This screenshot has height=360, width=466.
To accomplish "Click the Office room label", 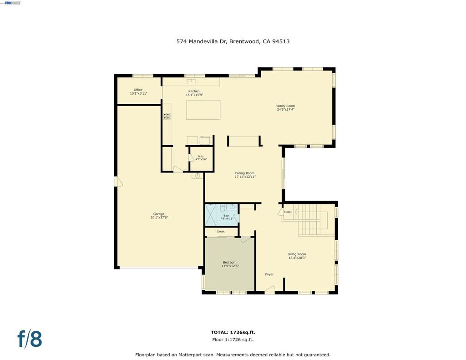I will click(138, 90).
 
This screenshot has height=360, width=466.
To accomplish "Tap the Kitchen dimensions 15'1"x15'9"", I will click(194, 95).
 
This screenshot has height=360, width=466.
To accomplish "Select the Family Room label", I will click(285, 106).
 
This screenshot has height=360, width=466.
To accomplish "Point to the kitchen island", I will click(203, 110).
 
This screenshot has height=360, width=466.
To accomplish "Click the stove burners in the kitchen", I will click(167, 116).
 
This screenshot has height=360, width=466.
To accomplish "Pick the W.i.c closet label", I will click(201, 156).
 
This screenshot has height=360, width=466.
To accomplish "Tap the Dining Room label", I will click(245, 173).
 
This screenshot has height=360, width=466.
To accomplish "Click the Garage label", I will click(158, 214).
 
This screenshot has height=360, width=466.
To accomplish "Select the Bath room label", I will click(226, 215).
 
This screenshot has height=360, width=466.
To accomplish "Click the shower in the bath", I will click(212, 215).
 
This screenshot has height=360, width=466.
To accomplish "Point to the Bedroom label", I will click(229, 262).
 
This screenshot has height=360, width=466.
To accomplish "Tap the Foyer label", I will click(269, 274).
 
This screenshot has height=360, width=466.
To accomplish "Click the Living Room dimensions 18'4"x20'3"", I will click(297, 258).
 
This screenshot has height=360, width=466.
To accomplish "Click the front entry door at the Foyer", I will click(270, 289).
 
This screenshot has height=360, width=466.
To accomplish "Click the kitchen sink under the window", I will click(192, 81).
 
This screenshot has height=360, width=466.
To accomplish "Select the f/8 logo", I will click(30, 339).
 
